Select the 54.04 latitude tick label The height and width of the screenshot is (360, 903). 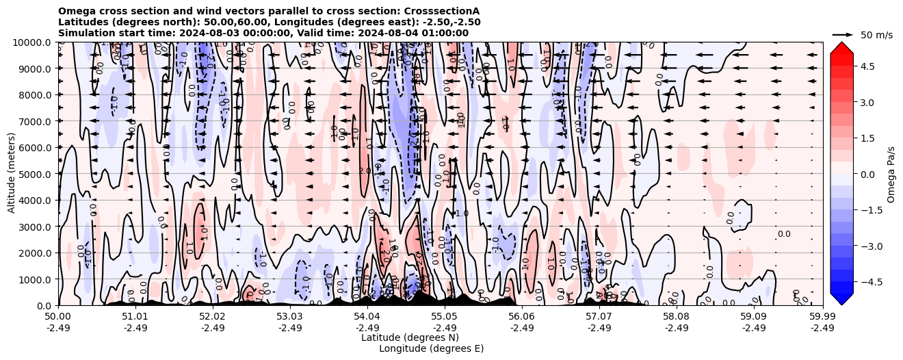point(367,317)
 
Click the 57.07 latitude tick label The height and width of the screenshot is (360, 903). point(599,317)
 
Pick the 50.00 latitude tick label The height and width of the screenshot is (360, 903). point(58,317)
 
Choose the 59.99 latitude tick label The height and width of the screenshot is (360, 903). point(822,317)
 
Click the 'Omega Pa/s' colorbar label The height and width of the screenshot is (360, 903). point(891,174)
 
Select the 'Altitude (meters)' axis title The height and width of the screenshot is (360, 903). point(12,174)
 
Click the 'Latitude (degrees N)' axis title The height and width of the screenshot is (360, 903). point(410,337)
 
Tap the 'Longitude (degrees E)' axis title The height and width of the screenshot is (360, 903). point(431,348)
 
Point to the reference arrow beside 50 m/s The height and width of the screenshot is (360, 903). point(843,34)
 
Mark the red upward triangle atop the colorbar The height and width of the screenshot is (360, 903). point(841,47)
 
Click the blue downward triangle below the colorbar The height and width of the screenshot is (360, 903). point(841,299)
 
